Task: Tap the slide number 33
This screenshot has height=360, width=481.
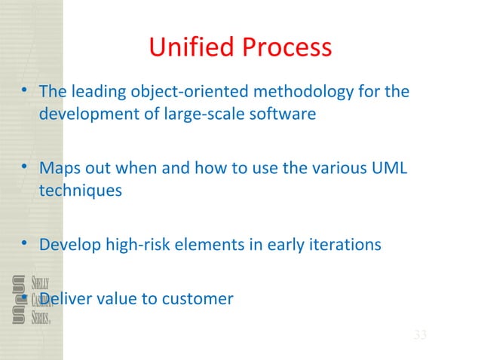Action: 420,334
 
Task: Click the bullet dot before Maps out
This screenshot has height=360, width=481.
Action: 25,167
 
